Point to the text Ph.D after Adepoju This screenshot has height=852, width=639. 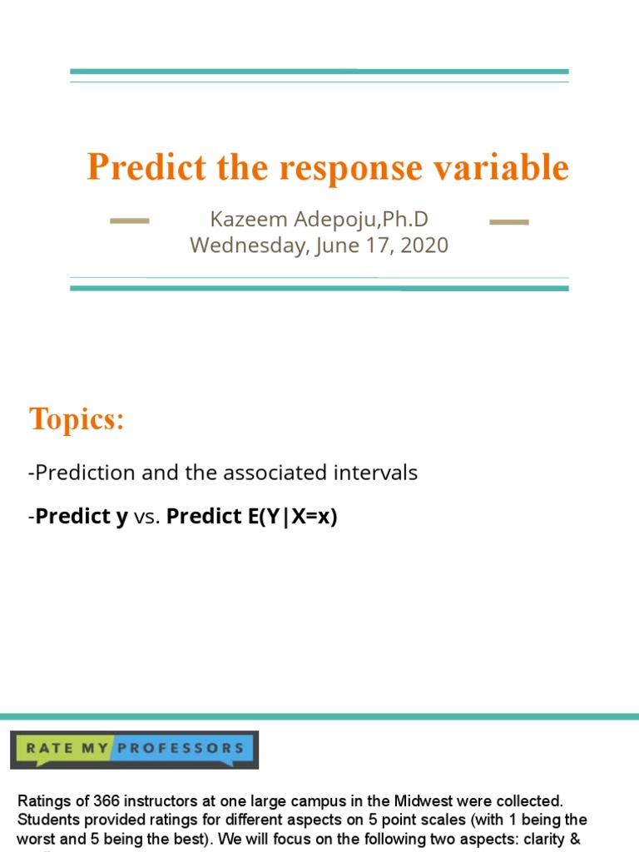pos(406,220)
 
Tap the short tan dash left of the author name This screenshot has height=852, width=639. pos(130,221)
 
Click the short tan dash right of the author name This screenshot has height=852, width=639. pos(508,221)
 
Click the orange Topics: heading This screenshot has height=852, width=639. pos(77,419)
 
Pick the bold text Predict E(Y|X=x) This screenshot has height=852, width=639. pos(251,517)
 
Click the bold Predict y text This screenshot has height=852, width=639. pos(82,517)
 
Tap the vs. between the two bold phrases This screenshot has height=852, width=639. pos(147,517)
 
